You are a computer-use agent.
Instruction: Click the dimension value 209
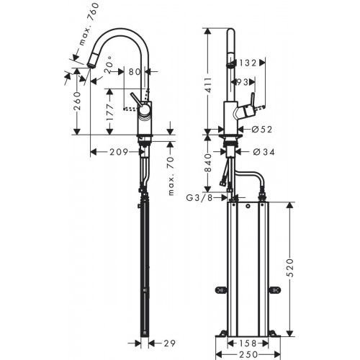[119, 152]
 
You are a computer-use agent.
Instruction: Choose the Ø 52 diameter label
[261, 130]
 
